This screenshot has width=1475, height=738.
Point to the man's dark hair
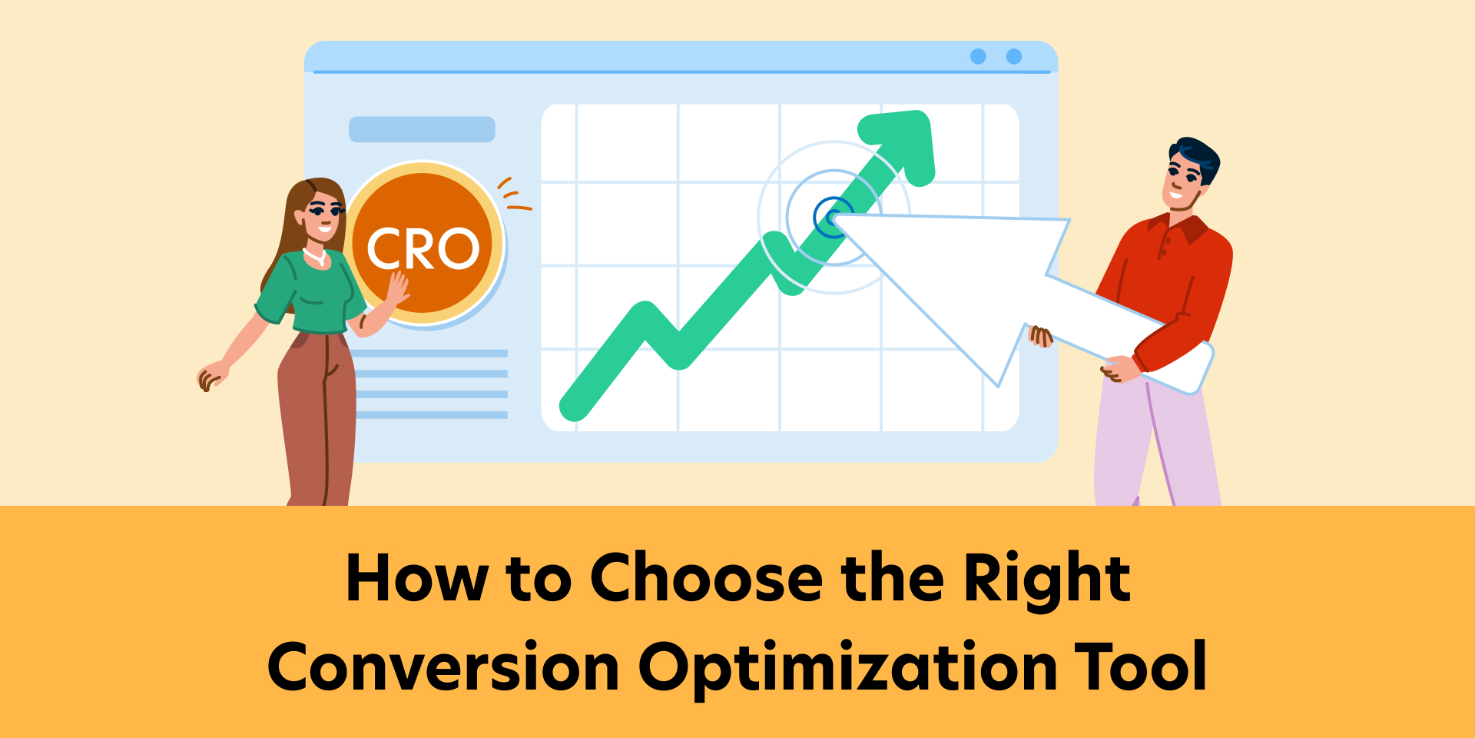click(1195, 154)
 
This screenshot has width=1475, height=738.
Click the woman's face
click(323, 215)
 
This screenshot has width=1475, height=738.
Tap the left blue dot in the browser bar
click(978, 56)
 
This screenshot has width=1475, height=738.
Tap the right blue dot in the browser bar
click(1014, 56)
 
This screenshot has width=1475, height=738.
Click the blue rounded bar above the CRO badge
click(422, 129)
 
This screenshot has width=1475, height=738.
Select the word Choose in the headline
click(706, 578)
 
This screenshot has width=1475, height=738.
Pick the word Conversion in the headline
click(443, 667)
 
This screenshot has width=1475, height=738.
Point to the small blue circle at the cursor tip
click(831, 217)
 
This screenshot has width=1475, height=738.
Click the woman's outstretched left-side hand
click(209, 377)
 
